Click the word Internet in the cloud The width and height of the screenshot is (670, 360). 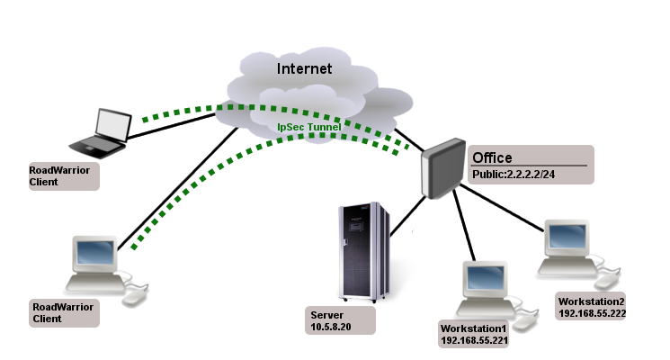coord(304,68)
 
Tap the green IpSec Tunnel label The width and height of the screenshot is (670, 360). coord(308,128)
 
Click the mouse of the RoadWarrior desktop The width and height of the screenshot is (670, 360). coord(135,296)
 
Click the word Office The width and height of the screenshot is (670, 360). coord(492,157)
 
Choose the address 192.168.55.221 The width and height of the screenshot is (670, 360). coord(474,342)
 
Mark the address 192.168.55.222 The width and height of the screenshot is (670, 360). coord(592,313)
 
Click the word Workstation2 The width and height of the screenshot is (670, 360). coord(591,301)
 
